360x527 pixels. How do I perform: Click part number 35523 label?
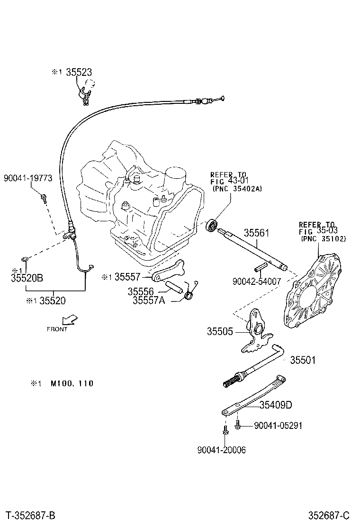[x=79, y=72]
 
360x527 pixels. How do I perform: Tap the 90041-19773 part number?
[x=27, y=178]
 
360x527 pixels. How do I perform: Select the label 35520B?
[x=27, y=278]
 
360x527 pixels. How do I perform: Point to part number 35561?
[x=257, y=233]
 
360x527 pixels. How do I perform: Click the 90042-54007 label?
[x=257, y=281]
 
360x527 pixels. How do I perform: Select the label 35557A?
[x=149, y=300]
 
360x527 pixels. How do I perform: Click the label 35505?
[x=219, y=331]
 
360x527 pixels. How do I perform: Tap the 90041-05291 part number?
[x=278, y=426]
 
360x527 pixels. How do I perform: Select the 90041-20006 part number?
[x=222, y=450]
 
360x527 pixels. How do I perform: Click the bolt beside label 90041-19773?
[x=44, y=198]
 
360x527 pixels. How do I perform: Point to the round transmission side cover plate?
[x=313, y=291]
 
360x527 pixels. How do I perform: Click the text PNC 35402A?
[x=236, y=189]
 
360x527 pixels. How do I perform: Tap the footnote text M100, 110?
[x=72, y=383]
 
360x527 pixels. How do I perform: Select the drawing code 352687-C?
[x=331, y=515]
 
